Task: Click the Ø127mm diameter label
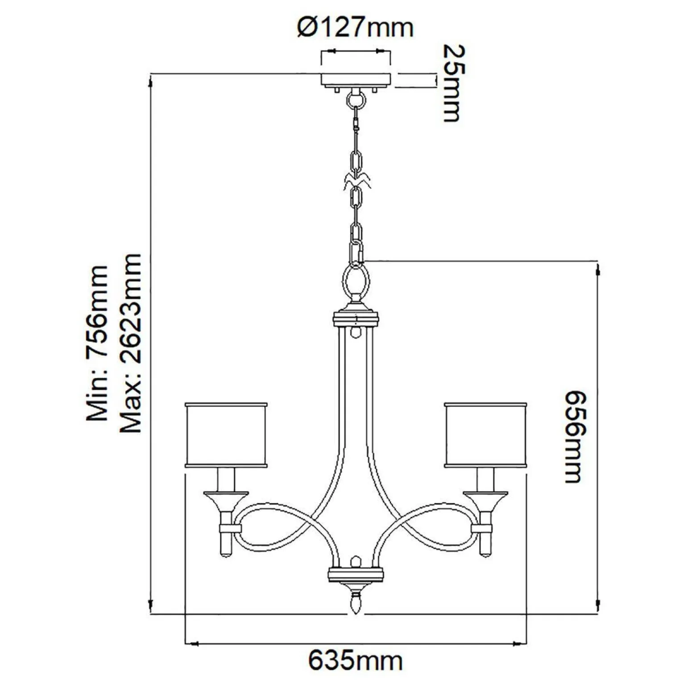click(x=356, y=27)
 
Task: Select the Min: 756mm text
click(x=97, y=343)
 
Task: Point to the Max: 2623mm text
click(x=131, y=343)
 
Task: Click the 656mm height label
click(x=573, y=437)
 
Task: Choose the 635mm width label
click(x=356, y=661)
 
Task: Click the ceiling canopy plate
click(x=356, y=79)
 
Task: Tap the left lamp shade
click(x=226, y=435)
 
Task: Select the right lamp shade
click(x=486, y=435)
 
